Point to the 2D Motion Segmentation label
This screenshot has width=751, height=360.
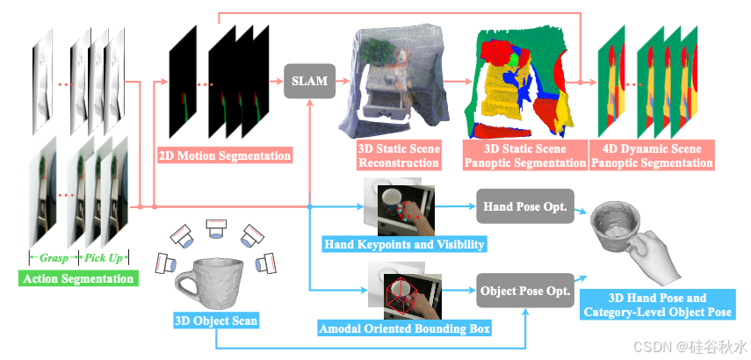tap(224, 156)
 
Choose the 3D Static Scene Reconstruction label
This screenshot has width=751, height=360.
tap(398, 155)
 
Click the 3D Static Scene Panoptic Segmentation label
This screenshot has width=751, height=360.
tap(524, 155)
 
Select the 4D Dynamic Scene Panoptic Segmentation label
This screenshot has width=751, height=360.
tap(651, 155)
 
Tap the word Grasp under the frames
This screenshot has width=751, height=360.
tap(53, 258)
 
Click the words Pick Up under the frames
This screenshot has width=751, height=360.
tap(105, 258)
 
